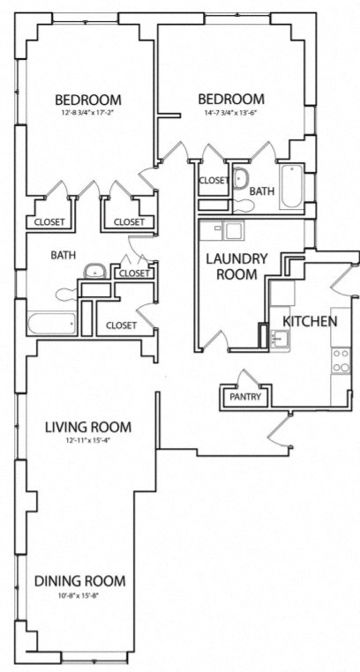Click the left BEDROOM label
(87, 99)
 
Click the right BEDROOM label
(230, 99)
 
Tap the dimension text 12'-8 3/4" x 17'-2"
(87, 113)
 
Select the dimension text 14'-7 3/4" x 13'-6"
(230, 113)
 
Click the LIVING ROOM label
(87, 427)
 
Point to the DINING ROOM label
(79, 581)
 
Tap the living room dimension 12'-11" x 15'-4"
(87, 440)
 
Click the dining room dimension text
(79, 595)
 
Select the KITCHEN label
(309, 321)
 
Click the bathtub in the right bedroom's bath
(292, 187)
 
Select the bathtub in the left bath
(50, 324)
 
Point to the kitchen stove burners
(340, 359)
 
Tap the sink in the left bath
(93, 271)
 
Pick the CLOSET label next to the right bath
(214, 181)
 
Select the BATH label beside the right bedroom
(262, 190)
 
